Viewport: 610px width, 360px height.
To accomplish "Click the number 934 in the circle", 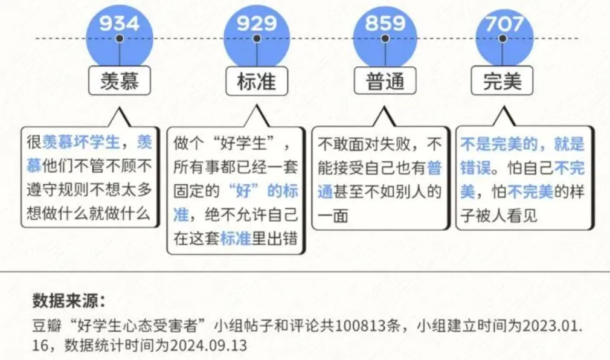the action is click(119, 24).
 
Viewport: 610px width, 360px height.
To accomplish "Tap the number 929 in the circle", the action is click(257, 24).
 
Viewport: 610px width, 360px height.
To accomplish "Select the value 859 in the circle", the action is click(385, 24).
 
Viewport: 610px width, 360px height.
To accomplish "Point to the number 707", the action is click(504, 24).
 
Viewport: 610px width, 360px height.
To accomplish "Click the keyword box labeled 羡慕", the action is click(120, 81).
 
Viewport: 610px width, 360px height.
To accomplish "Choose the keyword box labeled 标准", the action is click(257, 81).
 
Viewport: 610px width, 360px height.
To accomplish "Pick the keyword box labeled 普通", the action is click(385, 81).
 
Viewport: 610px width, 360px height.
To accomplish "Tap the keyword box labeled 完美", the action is click(502, 81).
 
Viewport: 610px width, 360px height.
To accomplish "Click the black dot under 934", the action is click(120, 38).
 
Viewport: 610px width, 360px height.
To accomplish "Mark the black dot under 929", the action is click(257, 38).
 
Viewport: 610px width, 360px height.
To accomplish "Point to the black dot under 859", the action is click(385, 38).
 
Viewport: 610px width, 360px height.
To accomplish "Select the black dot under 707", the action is click(502, 38).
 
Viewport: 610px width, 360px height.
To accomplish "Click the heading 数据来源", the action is click(69, 300).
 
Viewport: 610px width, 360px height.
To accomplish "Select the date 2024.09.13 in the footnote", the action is click(208, 346).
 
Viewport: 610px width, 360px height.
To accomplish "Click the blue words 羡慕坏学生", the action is click(81, 142).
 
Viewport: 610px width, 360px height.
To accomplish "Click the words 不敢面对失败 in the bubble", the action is click(365, 144).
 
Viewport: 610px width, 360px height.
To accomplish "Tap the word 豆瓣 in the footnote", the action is click(47, 326).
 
